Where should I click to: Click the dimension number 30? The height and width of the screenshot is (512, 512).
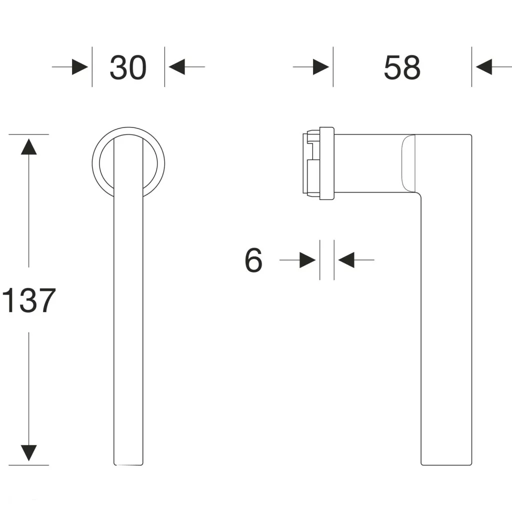[128, 67]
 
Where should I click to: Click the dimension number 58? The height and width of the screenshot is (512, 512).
[402, 67]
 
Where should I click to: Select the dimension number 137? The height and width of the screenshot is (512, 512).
[28, 300]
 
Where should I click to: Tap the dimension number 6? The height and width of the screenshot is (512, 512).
[253, 260]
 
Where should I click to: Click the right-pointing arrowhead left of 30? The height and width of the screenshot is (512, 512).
[80, 67]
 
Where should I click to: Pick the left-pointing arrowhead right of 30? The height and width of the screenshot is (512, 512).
[176, 67]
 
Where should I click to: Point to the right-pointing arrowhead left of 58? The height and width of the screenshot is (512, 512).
[321, 67]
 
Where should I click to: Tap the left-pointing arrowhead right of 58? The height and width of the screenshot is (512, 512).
[484, 67]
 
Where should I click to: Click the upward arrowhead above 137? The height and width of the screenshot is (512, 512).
[28, 146]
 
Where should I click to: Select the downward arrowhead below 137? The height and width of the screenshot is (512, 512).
[28, 453]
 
